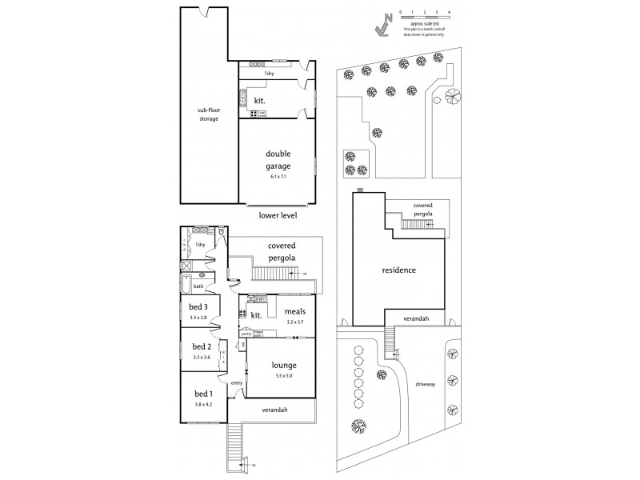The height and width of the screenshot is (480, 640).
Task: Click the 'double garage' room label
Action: coord(277,158)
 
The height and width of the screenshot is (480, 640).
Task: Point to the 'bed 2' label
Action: coord(200,346)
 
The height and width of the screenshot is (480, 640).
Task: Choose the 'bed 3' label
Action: coord(198,307)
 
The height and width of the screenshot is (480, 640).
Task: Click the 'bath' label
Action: coord(198,286)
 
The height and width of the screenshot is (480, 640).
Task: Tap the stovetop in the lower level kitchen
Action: coord(254,114)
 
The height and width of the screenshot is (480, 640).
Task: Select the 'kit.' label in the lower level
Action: coord(259,101)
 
